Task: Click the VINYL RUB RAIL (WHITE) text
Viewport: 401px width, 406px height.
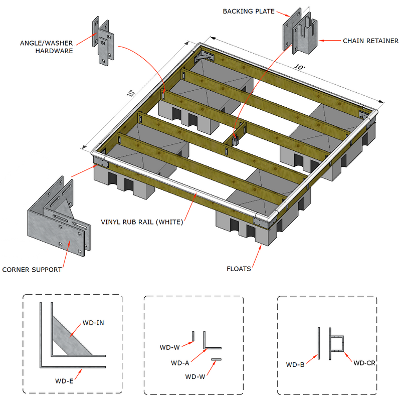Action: click(x=142, y=222)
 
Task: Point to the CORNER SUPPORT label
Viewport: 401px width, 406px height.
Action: click(x=32, y=270)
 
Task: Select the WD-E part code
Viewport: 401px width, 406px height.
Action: click(x=65, y=381)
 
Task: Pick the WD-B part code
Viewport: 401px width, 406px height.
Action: click(x=296, y=364)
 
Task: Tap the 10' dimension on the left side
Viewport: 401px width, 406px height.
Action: click(x=131, y=93)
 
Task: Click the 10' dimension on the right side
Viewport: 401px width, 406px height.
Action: click(x=300, y=67)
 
